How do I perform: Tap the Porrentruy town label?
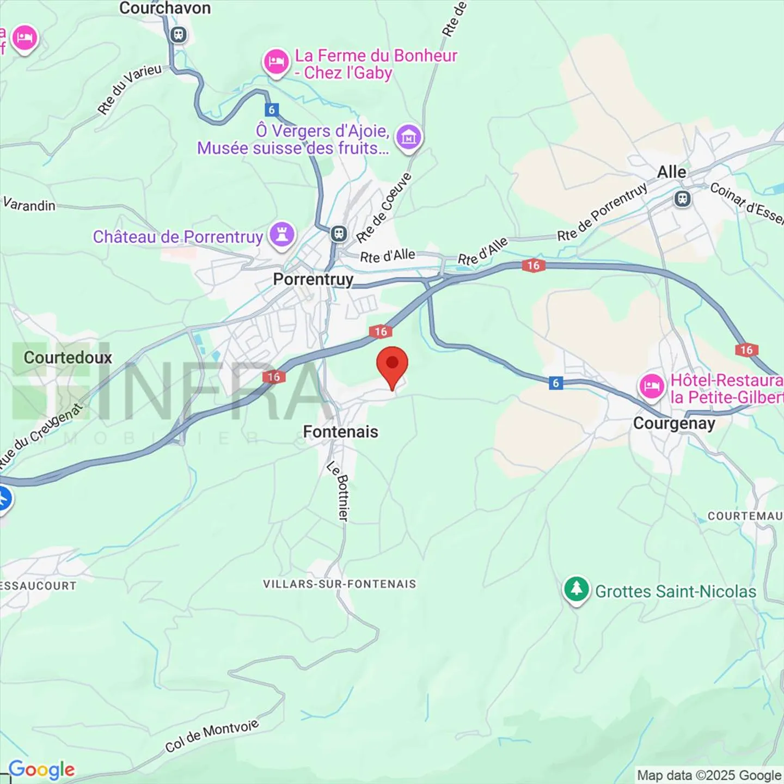[313, 279]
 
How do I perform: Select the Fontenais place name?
[340, 432]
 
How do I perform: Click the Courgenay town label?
[674, 424]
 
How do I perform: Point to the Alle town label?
[671, 172]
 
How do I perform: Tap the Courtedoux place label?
[68, 358]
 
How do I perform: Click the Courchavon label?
[164, 8]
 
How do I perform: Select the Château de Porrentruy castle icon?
[282, 235]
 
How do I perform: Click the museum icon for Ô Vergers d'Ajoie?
[409, 137]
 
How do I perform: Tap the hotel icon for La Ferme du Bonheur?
[276, 62]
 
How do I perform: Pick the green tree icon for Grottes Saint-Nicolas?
[576, 589]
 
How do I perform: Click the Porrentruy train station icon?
[339, 234]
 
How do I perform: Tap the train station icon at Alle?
[682, 199]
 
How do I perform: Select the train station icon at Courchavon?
[178, 35]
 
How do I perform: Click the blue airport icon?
[3, 498]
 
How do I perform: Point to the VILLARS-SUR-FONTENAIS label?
[339, 584]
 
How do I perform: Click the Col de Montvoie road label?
[212, 736]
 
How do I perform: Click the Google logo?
[42, 770]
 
